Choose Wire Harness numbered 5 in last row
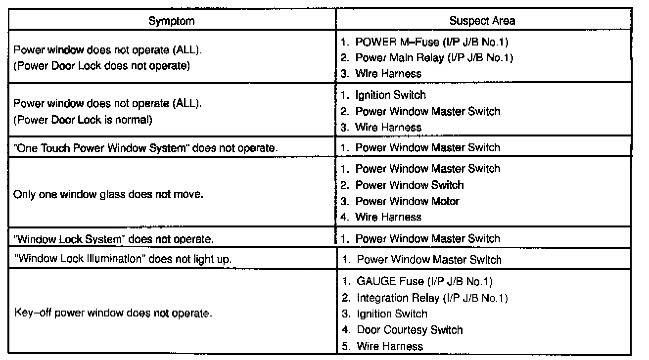tap(389, 346)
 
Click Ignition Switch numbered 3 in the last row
tap(391, 314)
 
